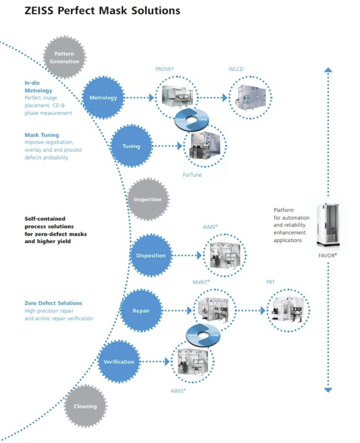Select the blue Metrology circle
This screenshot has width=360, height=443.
click(x=103, y=98)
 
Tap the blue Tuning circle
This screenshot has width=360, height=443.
click(x=131, y=146)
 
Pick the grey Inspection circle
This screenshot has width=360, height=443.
click(x=148, y=200)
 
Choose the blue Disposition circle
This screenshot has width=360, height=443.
click(x=151, y=256)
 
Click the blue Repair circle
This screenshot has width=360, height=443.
click(x=141, y=311)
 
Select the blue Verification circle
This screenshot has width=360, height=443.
click(x=119, y=362)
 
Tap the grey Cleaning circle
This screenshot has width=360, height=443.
click(x=85, y=406)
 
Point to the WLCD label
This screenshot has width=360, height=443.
click(x=236, y=69)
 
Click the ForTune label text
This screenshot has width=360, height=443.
click(x=192, y=175)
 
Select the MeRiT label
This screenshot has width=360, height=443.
click(x=201, y=282)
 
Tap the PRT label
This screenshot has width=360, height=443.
click(x=270, y=282)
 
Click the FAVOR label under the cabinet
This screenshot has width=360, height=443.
click(x=328, y=255)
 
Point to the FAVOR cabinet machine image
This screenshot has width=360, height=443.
click(x=327, y=224)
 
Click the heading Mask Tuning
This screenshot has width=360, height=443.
click(x=42, y=135)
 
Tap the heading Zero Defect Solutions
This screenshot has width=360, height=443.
click(x=53, y=303)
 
